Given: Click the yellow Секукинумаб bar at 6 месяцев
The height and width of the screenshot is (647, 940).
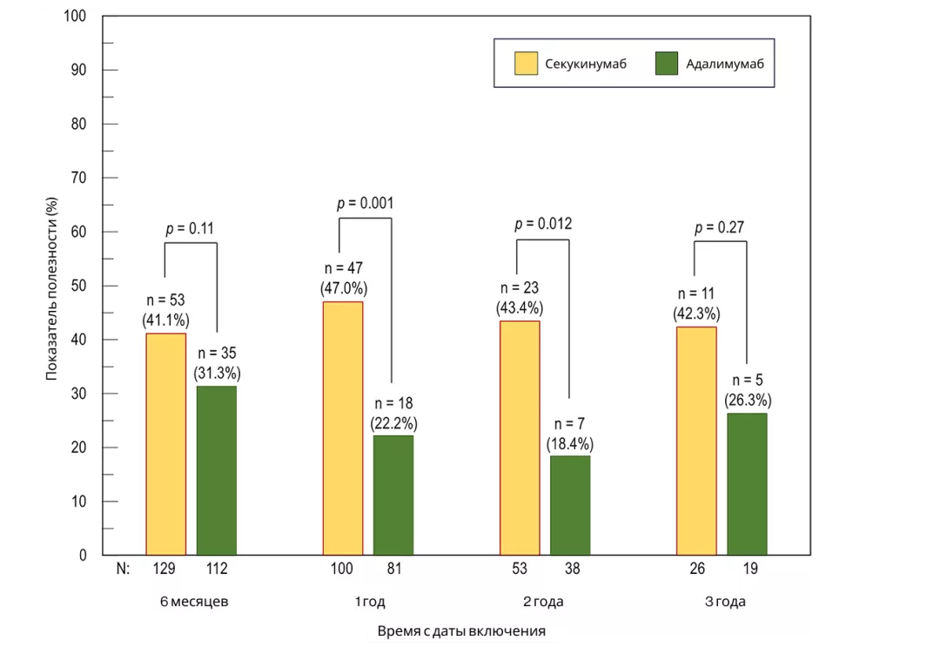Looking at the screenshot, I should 165,444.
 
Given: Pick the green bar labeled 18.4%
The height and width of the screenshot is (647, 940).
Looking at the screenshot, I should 570,505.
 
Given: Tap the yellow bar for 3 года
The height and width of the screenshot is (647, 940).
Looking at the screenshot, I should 696,441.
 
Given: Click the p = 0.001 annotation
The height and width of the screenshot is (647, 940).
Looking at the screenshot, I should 366,204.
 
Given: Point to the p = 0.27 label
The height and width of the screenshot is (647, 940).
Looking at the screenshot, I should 720,228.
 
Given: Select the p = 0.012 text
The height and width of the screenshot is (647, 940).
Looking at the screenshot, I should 543,224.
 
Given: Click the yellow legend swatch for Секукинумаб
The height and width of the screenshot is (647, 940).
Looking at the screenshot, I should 526,64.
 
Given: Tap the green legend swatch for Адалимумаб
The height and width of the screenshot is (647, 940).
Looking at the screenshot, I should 666,64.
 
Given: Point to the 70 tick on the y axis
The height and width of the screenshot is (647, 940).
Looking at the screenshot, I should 83,178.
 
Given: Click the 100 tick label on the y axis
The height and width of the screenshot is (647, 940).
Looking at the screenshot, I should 79,17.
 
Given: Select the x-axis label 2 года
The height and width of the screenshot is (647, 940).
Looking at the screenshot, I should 543,602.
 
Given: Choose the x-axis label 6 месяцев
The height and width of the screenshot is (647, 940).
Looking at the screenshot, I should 194,602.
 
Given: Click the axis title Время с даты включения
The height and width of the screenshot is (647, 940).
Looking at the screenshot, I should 461,631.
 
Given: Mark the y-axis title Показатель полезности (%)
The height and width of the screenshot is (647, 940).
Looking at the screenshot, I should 52,288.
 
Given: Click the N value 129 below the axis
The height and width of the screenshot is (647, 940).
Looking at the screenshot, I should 164,569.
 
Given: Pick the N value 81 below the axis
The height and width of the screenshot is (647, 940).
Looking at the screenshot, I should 393,569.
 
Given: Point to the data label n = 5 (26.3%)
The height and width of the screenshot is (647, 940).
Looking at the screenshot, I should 748,390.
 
